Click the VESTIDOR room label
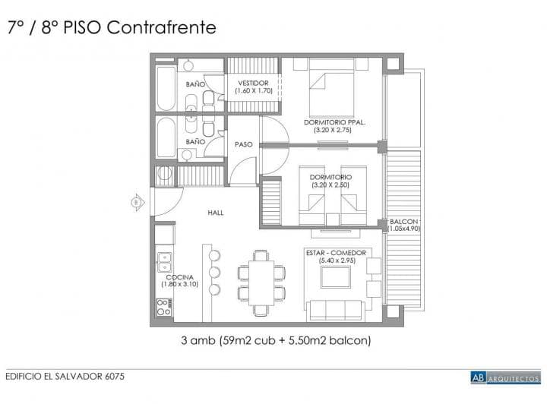tap(253, 84)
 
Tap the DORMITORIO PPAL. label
tap(334, 122)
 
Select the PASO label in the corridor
tap(244, 144)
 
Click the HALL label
tap(216, 213)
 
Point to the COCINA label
tap(179, 277)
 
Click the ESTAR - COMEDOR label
tap(336, 253)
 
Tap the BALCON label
tap(403, 221)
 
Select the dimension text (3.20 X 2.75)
tap(333, 130)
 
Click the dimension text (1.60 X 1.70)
tap(254, 91)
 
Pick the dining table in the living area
tap(261, 282)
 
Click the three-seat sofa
tap(336, 311)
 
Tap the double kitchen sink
tap(164, 262)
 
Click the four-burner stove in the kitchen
tap(164, 307)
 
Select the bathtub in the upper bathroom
tap(166, 88)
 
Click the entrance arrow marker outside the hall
tap(138, 202)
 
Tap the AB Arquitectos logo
tap(505, 377)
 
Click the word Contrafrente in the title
tap(162, 27)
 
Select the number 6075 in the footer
tap(115, 377)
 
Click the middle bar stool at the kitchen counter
tap(214, 272)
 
